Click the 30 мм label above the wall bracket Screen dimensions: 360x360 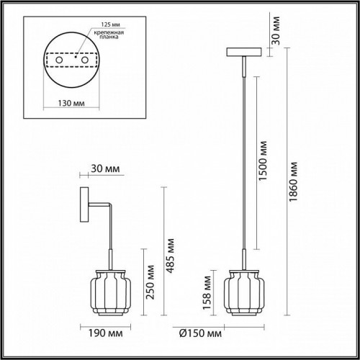106,170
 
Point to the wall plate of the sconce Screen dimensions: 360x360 83,205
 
